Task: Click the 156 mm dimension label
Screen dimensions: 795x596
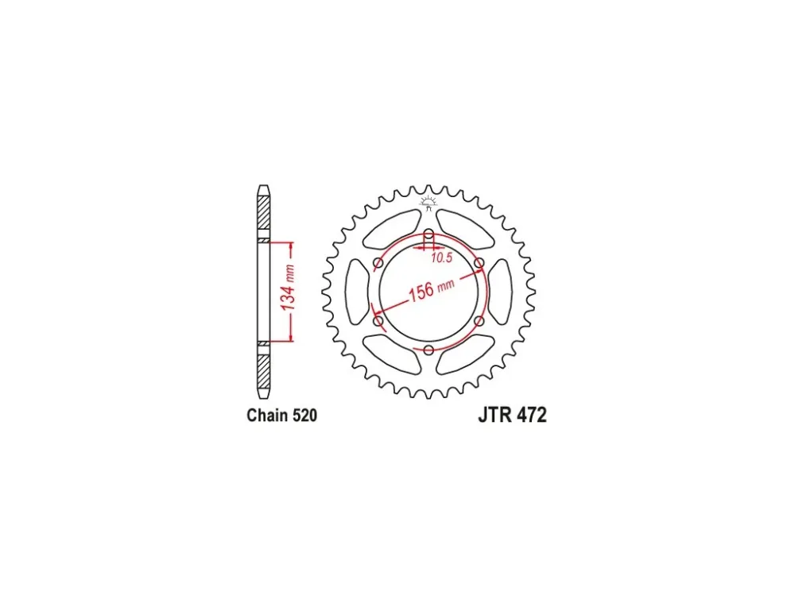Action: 432,290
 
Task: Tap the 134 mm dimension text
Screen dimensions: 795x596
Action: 288,288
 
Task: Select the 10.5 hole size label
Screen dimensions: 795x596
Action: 441,258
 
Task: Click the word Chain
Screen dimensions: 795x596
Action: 267,416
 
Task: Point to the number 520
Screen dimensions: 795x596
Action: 304,416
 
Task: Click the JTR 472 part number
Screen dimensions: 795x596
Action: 512,416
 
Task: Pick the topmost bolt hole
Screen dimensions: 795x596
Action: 429,234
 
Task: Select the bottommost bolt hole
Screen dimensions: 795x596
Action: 429,350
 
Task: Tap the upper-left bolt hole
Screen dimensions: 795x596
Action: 378,263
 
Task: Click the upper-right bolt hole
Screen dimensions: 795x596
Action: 479,263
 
